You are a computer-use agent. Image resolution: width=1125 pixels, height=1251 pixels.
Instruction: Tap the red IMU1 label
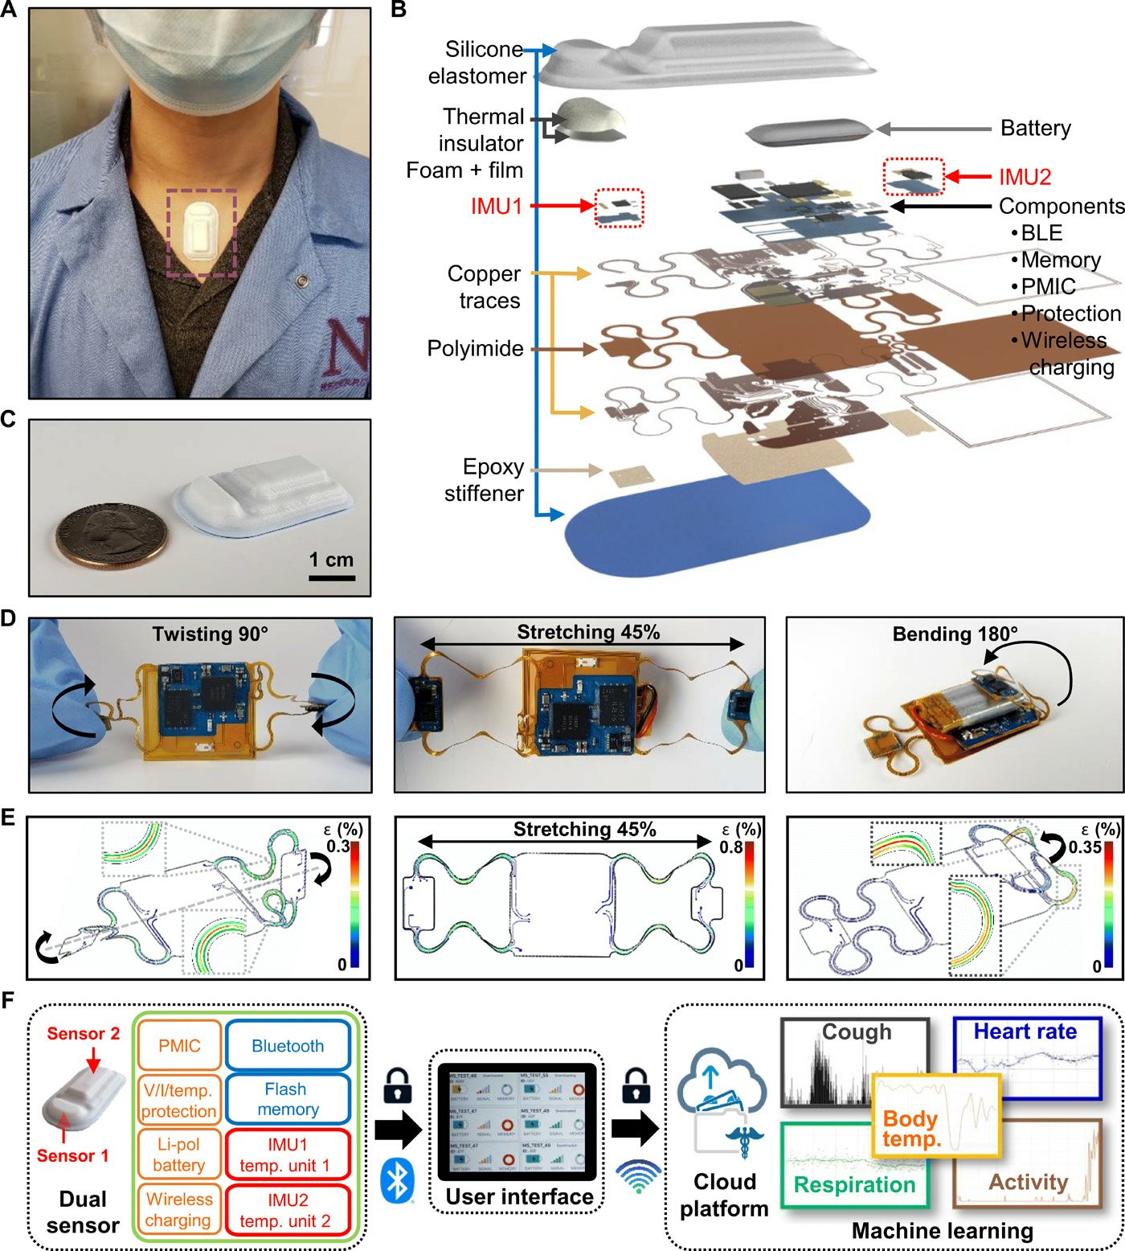point(496,207)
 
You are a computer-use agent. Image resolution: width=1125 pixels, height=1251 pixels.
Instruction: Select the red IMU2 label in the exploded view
point(1025,177)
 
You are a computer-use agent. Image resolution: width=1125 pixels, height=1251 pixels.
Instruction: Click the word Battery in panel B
point(1035,129)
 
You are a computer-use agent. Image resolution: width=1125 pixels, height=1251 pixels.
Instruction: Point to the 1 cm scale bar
point(331,576)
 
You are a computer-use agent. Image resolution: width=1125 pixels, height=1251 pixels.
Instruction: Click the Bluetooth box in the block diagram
point(288,1046)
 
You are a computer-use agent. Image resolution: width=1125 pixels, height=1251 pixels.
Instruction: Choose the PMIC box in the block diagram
point(179,1046)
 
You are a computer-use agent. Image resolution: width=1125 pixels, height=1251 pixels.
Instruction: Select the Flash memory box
point(288,1099)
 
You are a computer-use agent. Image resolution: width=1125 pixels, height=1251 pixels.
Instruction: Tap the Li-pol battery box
point(179,1155)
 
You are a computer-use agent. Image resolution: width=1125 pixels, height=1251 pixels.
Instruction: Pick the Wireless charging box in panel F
point(179,1209)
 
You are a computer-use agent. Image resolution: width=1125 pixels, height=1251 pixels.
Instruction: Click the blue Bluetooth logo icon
point(395,1180)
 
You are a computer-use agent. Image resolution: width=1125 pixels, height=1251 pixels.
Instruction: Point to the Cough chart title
point(857,1032)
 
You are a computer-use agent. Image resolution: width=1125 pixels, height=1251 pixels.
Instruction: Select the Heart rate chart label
point(1025,1032)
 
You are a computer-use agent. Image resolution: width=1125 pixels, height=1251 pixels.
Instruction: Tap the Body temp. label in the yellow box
point(911,1129)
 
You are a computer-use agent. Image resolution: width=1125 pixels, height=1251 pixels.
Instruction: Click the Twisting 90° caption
point(211,634)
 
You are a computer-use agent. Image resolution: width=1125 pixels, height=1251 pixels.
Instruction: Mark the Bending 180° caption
point(955,634)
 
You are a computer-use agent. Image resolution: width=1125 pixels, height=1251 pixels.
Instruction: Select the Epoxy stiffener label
point(484,480)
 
